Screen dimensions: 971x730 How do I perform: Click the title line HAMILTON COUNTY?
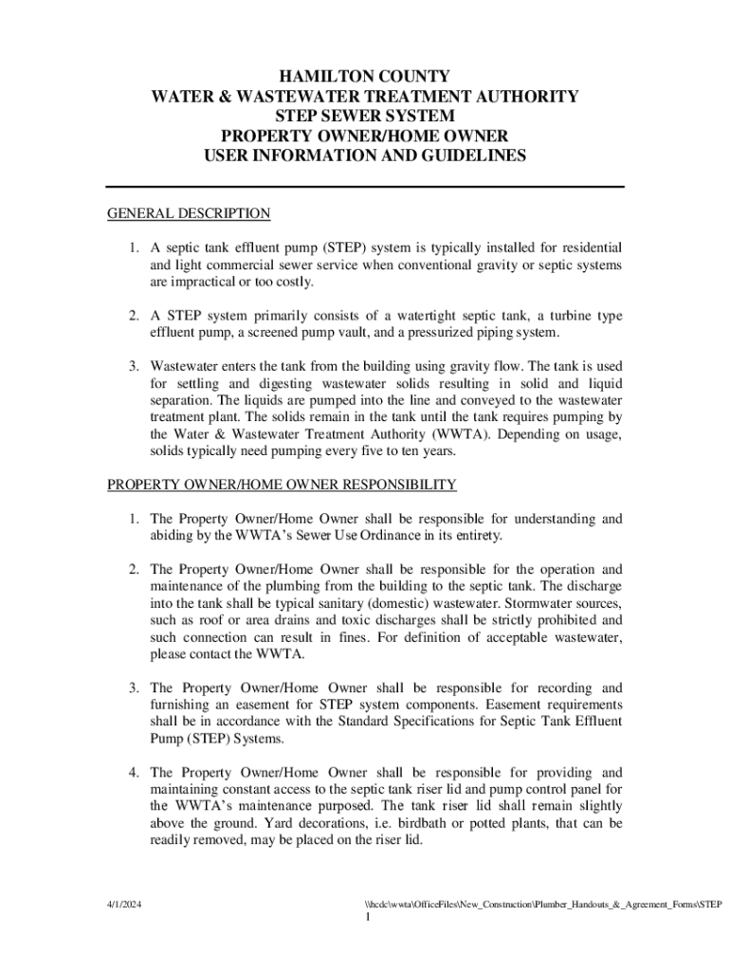click(x=365, y=76)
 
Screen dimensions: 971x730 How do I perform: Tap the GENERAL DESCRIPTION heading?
click(x=189, y=213)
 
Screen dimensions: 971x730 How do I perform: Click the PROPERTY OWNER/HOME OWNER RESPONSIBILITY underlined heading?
click(x=282, y=485)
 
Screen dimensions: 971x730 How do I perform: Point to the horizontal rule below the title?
click(x=365, y=187)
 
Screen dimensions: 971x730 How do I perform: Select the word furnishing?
click(x=181, y=705)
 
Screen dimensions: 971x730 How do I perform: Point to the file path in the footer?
click(x=535, y=905)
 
